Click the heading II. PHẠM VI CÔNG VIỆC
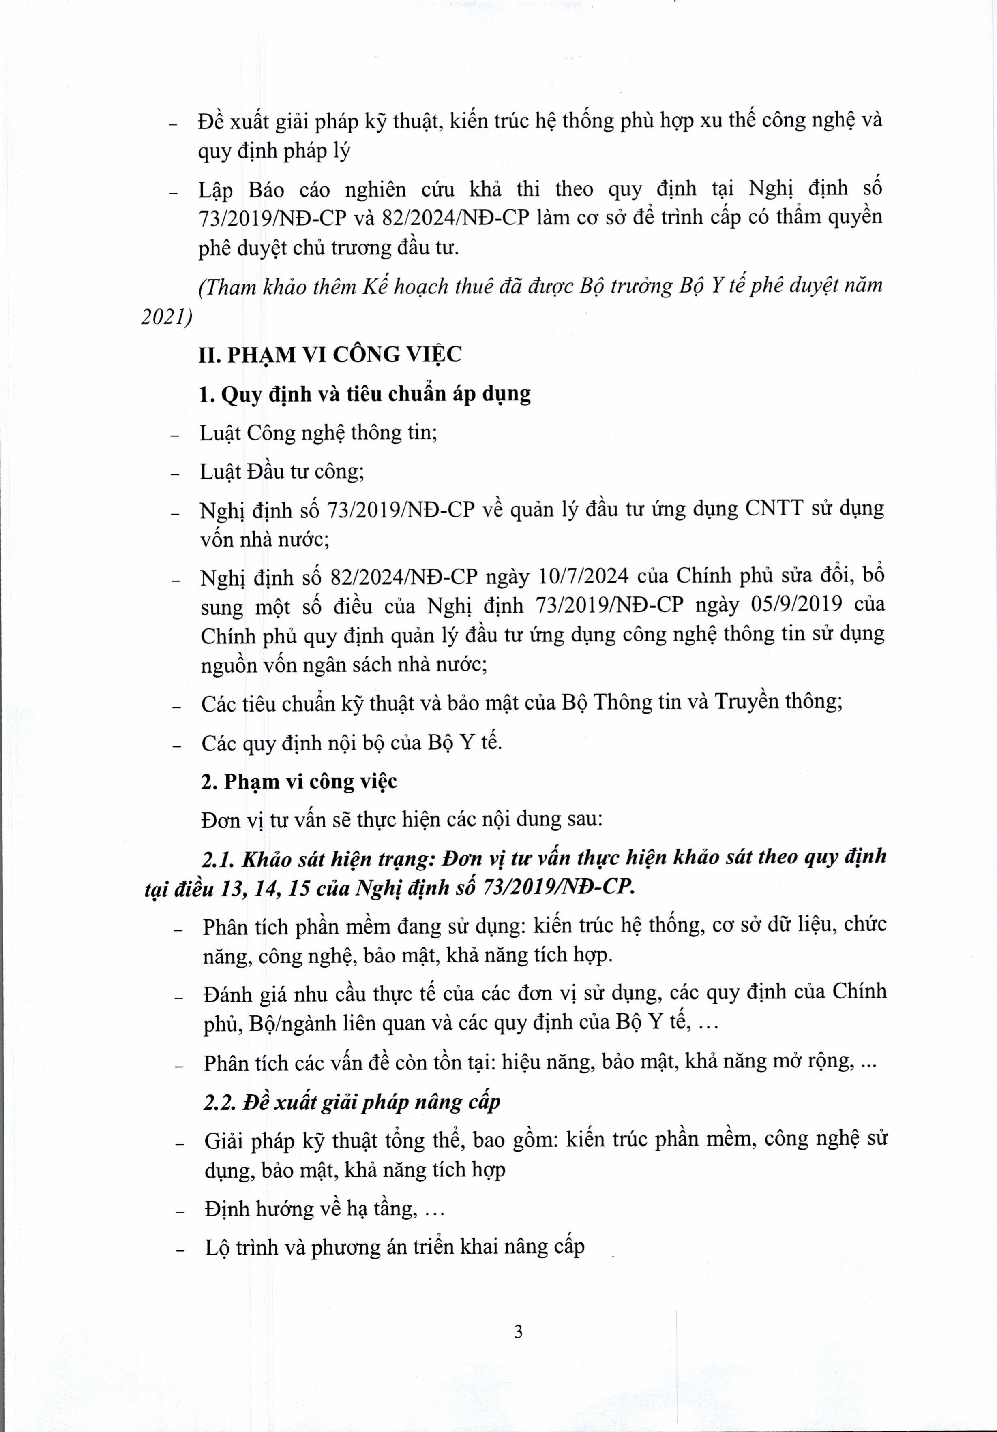click(x=330, y=355)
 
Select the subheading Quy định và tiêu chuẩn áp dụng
click(x=375, y=394)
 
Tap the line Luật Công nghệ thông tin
click(x=318, y=433)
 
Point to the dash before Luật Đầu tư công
click(x=175, y=474)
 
